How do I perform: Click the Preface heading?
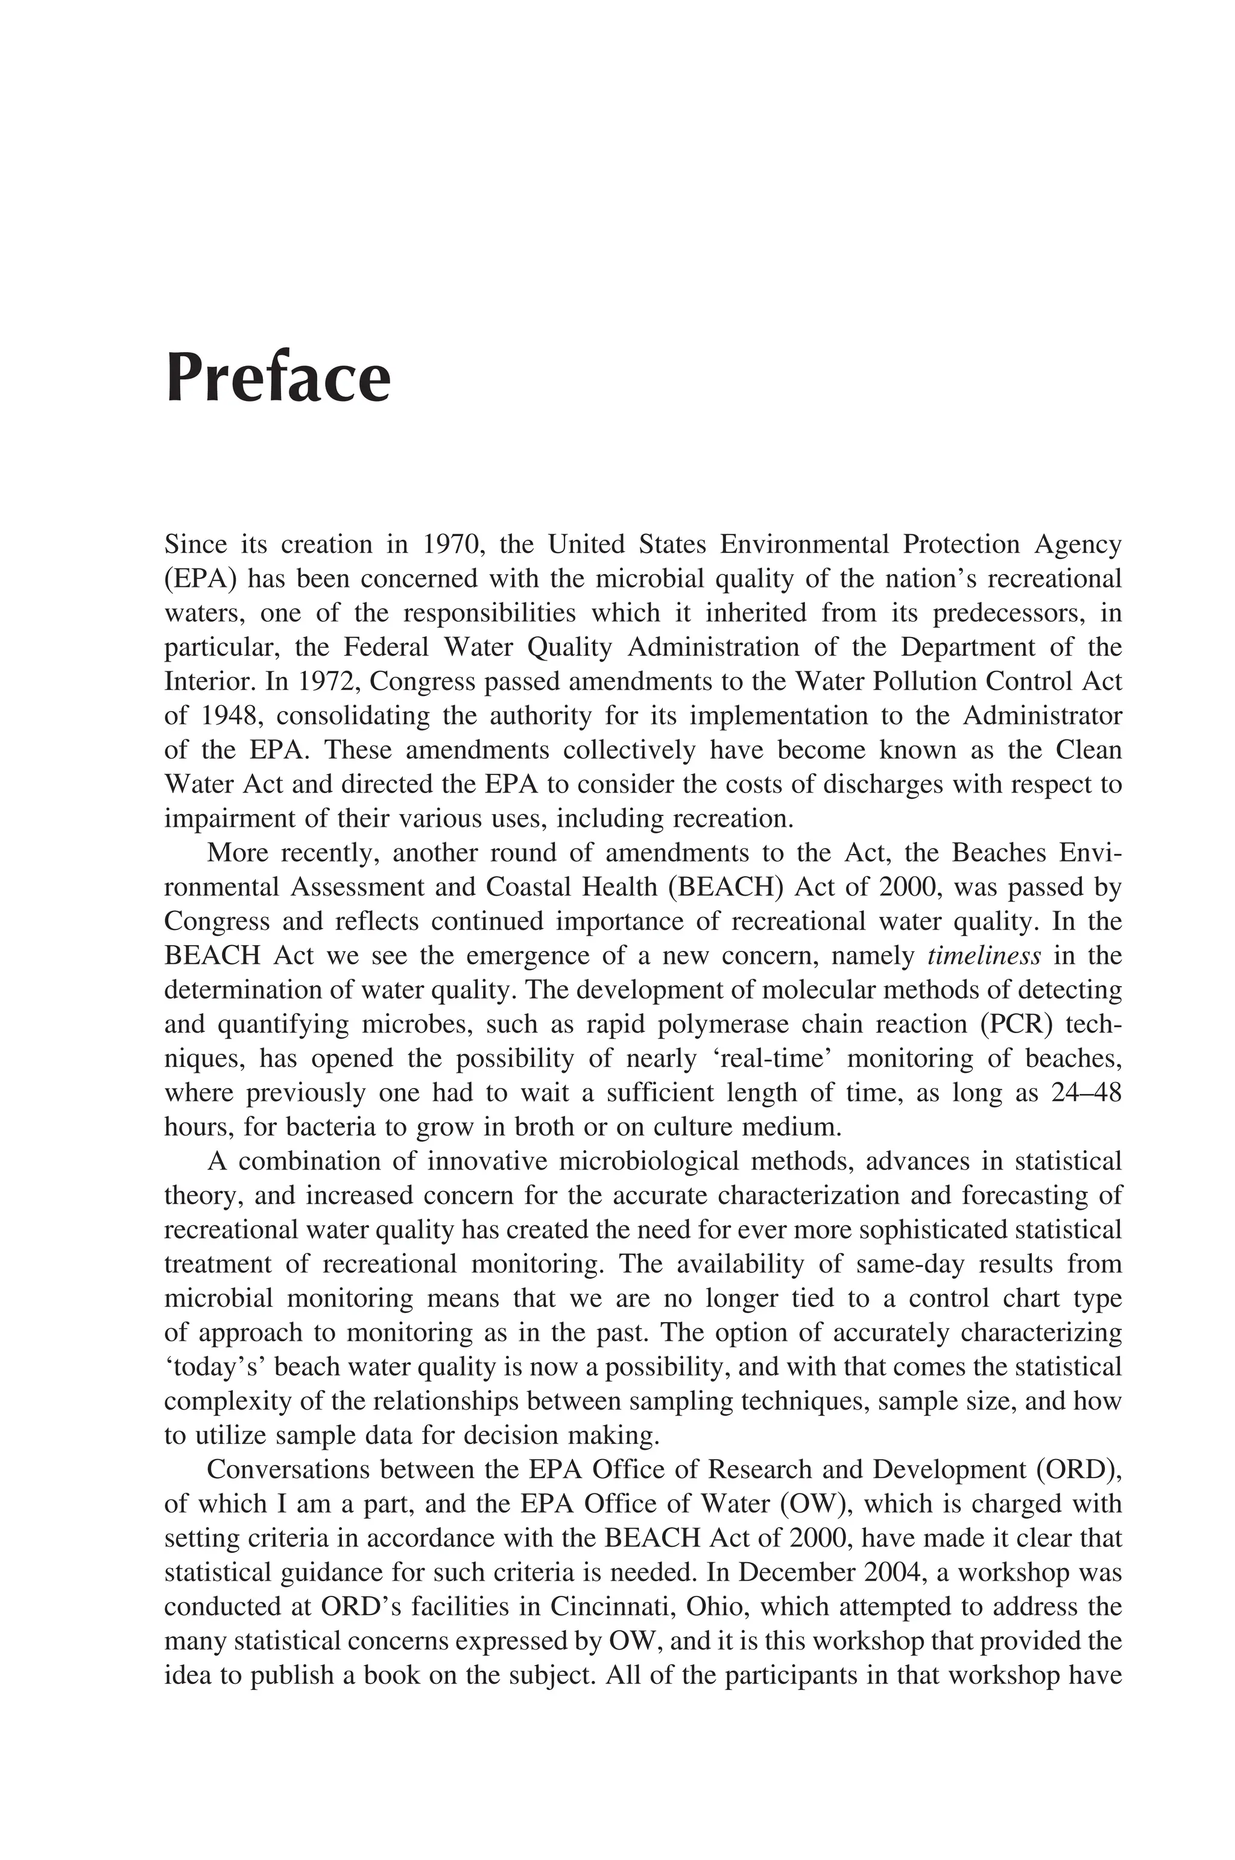tap(277, 379)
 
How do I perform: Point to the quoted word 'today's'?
tap(214, 1367)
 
